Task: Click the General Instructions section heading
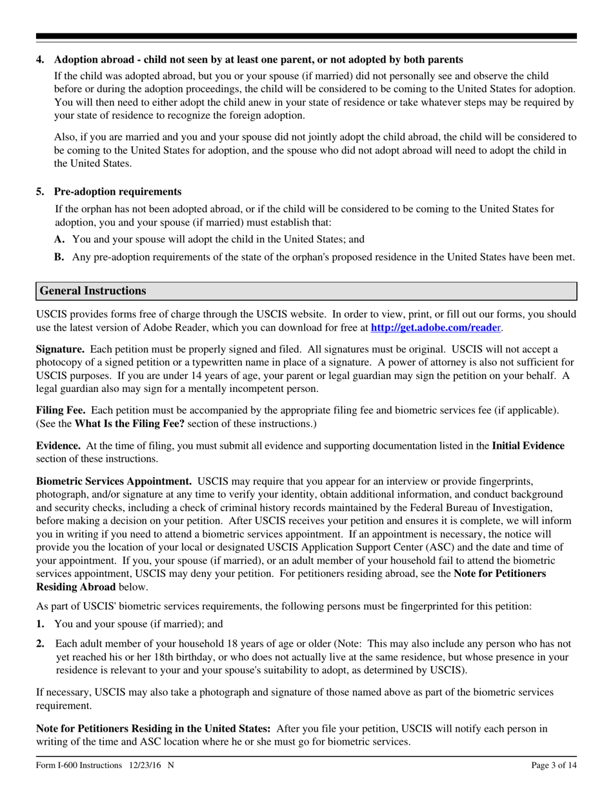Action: [x=93, y=291]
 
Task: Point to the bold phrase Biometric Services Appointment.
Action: [x=114, y=481]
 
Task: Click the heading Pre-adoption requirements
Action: [x=117, y=191]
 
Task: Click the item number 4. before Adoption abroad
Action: [x=41, y=59]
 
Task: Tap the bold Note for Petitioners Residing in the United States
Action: [x=153, y=729]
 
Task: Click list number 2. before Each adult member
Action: [x=41, y=643]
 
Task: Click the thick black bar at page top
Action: [x=306, y=37]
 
